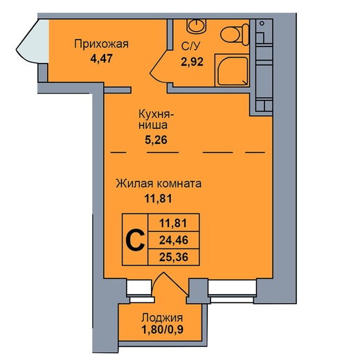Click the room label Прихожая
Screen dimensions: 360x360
pyautogui.click(x=101, y=44)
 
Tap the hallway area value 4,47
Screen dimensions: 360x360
pyautogui.click(x=101, y=58)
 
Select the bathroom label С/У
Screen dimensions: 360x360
pyautogui.click(x=190, y=46)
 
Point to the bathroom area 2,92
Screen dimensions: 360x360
pyautogui.click(x=192, y=62)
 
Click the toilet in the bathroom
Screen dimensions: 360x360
pyautogui.click(x=235, y=35)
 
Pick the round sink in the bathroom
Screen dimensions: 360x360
pyautogui.click(x=197, y=25)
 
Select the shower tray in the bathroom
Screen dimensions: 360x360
pyautogui.click(x=232, y=70)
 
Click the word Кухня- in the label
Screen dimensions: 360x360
pyautogui.click(x=156, y=114)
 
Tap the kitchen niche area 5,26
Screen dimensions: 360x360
pyautogui.click(x=156, y=140)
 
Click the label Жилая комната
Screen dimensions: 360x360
pyautogui.click(x=159, y=183)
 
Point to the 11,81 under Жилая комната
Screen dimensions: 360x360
pyautogui.click(x=159, y=199)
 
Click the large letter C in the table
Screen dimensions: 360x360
pyautogui.click(x=135, y=240)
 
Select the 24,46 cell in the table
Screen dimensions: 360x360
pyautogui.click(x=174, y=240)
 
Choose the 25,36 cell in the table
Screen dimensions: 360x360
pyautogui.click(x=174, y=257)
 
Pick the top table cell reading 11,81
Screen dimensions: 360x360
pyautogui.click(x=174, y=223)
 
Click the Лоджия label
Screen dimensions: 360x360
pyautogui.click(x=162, y=318)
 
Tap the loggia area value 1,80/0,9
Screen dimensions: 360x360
pyautogui.click(x=163, y=330)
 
